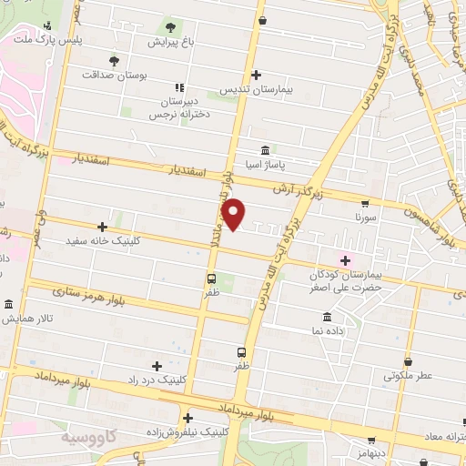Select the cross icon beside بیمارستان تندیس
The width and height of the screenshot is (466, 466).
point(257,75)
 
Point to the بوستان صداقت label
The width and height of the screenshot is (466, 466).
point(114,76)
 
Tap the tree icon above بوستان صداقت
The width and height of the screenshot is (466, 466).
point(114,61)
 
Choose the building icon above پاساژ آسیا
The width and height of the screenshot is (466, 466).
point(264,150)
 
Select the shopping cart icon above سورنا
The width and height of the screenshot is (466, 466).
point(365,204)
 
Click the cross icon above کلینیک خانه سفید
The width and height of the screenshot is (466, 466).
point(103,227)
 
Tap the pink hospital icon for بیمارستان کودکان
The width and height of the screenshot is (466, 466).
point(344,259)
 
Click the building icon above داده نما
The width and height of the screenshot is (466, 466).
point(327,317)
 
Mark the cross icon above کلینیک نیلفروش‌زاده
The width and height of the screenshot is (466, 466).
point(187,420)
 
